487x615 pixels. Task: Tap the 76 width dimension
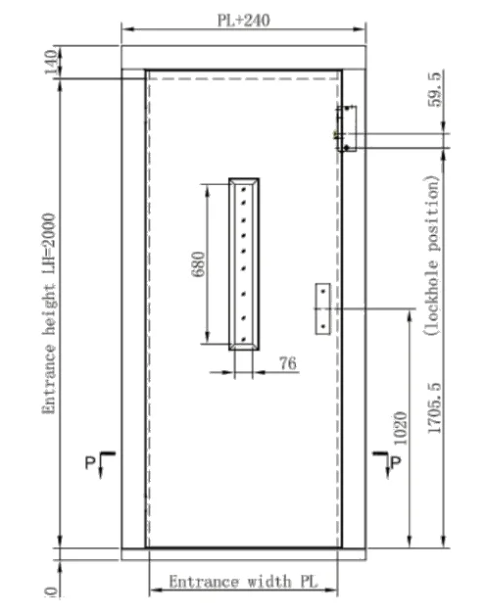288,363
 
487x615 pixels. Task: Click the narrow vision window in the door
244,263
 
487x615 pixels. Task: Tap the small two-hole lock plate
321,308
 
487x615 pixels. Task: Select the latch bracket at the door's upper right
346,128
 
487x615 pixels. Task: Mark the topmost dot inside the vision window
244,193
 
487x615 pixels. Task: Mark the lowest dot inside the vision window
244,331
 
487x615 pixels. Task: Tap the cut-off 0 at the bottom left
50,591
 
